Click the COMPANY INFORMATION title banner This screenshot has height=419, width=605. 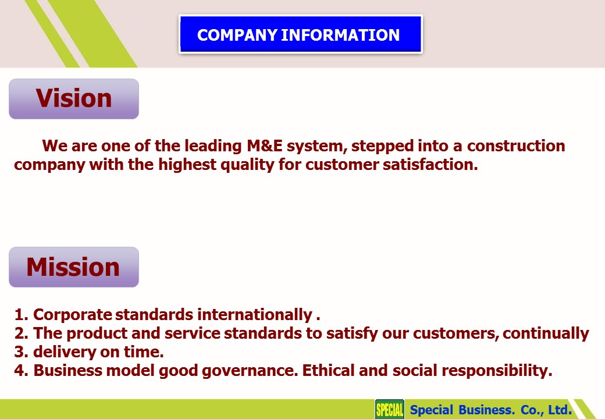pyautogui.click(x=301, y=34)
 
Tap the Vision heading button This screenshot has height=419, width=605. pyautogui.click(x=74, y=99)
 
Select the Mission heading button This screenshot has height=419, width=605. pyautogui.click(x=74, y=267)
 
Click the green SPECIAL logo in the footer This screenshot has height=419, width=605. pyautogui.click(x=390, y=409)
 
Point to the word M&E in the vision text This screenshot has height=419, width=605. pyautogui.click(x=265, y=146)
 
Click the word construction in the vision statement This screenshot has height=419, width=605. pyautogui.click(x=516, y=146)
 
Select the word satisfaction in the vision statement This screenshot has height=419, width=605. pyautogui.click(x=430, y=165)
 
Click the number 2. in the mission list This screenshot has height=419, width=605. pyautogui.click(x=21, y=333)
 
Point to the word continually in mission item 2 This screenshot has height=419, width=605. pyautogui.click(x=546, y=333)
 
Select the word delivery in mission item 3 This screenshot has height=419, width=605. pyautogui.click(x=65, y=352)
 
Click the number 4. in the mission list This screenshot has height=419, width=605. pyautogui.click(x=21, y=370)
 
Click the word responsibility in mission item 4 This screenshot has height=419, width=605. pyautogui.click(x=497, y=371)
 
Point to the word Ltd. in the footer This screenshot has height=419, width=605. pyautogui.click(x=560, y=409)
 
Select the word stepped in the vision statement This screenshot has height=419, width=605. pyautogui.click(x=382, y=147)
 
